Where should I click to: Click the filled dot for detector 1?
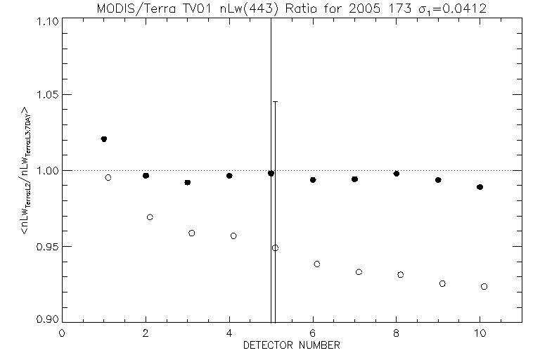[104, 139]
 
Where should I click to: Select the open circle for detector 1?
[108, 177]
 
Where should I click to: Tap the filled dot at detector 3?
[188, 182]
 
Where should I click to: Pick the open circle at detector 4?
[233, 236]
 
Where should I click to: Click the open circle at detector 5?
[275, 247]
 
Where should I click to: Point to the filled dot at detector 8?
[397, 173]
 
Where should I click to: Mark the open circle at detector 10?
[484, 286]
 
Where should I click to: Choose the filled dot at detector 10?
[480, 187]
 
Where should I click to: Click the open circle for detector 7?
[359, 271]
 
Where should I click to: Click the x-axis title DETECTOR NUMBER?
[292, 346]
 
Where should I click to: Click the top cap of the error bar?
[275, 102]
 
